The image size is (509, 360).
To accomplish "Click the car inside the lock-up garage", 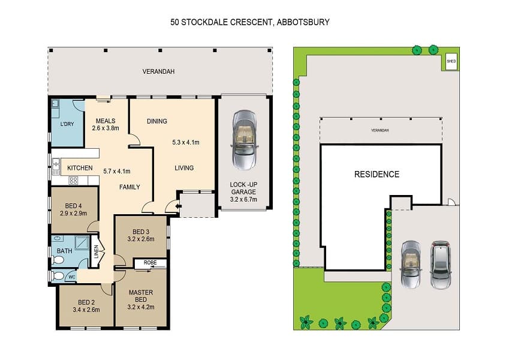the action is tap(244, 140).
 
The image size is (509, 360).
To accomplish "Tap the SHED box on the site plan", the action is tap(451, 61).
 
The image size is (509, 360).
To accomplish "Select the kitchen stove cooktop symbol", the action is tap(73, 181).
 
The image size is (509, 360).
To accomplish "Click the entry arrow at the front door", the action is tap(178, 206).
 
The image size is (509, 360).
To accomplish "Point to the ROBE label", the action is tap(150, 263).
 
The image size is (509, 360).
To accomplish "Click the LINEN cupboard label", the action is tap(96, 251).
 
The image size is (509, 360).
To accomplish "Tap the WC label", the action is tap(72, 277).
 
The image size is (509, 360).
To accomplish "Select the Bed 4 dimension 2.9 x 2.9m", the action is tap(73, 214).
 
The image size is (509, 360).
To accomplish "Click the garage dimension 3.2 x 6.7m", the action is tap(243, 199).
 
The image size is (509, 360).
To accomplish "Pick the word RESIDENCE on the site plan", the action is tap(377, 175).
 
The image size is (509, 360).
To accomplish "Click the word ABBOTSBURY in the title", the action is tap(303, 22).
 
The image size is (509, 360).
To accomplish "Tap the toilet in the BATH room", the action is tap(58, 260).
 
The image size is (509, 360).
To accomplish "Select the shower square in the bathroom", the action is tap(82, 242).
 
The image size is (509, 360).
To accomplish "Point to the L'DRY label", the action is tap(67, 124).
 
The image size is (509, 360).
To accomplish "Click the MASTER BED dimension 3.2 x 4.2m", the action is tap(141, 307).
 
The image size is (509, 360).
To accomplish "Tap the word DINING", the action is tap(157, 121).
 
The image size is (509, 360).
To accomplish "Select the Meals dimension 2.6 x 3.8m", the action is tap(106, 128).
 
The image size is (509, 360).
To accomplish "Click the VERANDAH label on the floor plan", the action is tap(158, 71).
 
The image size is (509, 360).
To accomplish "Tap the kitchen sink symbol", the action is tap(56, 166).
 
